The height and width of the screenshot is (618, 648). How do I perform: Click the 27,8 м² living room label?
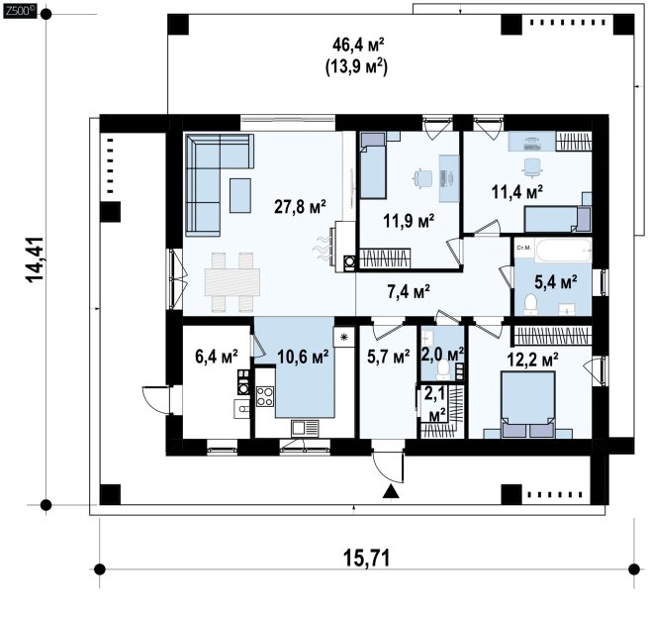(x=300, y=206)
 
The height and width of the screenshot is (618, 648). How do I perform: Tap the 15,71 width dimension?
(x=366, y=559)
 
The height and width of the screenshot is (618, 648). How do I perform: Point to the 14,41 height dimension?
(x=36, y=259)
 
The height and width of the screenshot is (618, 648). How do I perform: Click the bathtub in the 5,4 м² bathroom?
(x=563, y=250)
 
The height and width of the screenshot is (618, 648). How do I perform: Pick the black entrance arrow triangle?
(x=391, y=491)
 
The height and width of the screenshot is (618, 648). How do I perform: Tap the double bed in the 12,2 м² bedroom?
(x=527, y=404)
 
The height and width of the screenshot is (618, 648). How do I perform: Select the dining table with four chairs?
(x=232, y=281)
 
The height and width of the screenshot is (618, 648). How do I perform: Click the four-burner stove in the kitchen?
(x=265, y=396)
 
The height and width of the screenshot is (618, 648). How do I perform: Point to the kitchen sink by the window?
(x=305, y=428)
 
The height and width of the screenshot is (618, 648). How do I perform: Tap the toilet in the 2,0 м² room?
(x=443, y=370)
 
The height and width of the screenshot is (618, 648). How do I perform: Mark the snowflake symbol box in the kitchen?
(x=344, y=337)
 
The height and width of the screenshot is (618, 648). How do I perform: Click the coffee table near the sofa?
(x=240, y=196)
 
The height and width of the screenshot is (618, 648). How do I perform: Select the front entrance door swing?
(x=387, y=467)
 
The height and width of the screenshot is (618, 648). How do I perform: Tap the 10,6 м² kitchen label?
(x=303, y=356)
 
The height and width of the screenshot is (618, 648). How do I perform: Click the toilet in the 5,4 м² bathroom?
(x=530, y=304)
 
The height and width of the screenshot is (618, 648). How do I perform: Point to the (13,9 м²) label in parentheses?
(x=357, y=67)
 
